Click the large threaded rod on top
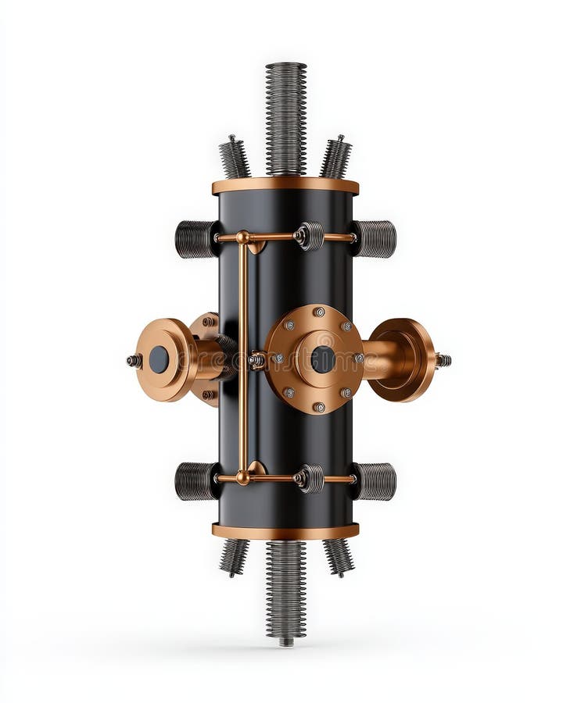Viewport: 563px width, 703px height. pyautogui.click(x=285, y=117)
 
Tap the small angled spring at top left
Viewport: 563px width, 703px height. pyautogui.click(x=234, y=158)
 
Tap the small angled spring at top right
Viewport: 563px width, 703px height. pyautogui.click(x=336, y=158)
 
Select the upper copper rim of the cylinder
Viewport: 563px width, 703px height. pyautogui.click(x=285, y=186)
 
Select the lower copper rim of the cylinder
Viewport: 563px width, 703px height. pyautogui.click(x=285, y=531)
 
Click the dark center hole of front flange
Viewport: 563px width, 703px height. pyautogui.click(x=322, y=359)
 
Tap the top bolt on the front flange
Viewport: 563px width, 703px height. pyautogui.click(x=319, y=312)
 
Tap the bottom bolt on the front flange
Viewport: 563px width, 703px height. pyautogui.click(x=319, y=407)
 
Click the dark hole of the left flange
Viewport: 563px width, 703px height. pyautogui.click(x=159, y=359)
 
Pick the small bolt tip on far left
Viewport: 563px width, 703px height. pyautogui.click(x=134, y=360)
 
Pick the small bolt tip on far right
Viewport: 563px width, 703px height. pyautogui.click(x=443, y=360)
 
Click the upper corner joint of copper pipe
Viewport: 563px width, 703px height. pyautogui.click(x=243, y=237)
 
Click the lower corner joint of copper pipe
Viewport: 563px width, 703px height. pyautogui.click(x=243, y=476)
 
